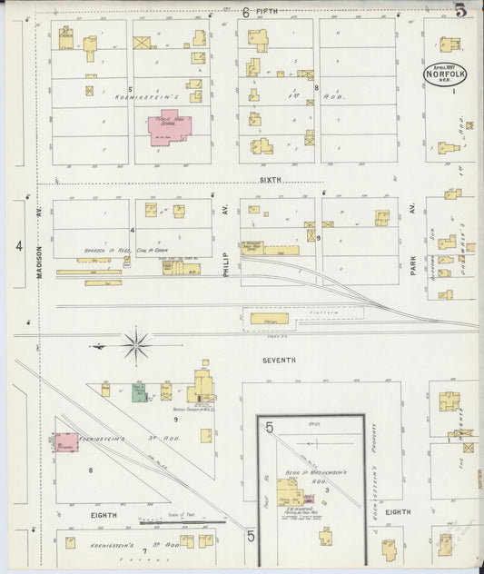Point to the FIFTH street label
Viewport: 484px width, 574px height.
click(x=267, y=11)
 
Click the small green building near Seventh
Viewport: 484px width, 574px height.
click(x=139, y=392)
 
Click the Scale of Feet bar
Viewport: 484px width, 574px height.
click(x=182, y=521)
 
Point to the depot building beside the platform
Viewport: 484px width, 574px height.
click(x=270, y=318)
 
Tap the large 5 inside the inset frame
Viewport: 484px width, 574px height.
click(x=269, y=427)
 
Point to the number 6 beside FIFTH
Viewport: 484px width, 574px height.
click(x=246, y=12)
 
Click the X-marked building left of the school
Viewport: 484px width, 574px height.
click(x=143, y=42)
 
